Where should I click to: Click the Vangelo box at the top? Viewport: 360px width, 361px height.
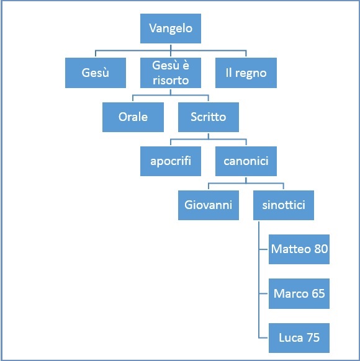(171, 29)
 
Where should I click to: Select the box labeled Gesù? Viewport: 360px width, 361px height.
(96, 73)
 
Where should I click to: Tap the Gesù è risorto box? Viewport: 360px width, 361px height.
(171, 73)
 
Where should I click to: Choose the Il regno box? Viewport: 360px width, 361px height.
(246, 73)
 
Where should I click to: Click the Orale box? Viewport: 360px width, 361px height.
(133, 117)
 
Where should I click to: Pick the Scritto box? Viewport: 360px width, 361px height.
(209, 117)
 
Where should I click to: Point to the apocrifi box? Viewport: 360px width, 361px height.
(171, 161)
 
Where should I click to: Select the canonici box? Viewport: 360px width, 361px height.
(246, 161)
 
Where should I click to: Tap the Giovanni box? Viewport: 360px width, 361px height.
(209, 205)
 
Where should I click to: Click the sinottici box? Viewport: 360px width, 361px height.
(284, 205)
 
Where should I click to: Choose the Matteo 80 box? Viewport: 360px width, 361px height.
(299, 249)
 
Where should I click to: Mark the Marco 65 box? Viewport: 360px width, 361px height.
(299, 293)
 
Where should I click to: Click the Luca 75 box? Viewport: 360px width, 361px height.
(299, 338)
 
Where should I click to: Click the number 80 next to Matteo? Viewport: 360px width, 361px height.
(321, 249)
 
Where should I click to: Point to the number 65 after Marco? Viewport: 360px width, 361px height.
(318, 293)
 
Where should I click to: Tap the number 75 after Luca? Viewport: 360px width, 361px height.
(313, 337)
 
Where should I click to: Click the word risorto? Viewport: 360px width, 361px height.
(171, 81)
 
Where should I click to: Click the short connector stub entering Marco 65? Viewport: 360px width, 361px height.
(264, 293)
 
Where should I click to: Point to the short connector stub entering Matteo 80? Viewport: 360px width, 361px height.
(264, 249)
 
